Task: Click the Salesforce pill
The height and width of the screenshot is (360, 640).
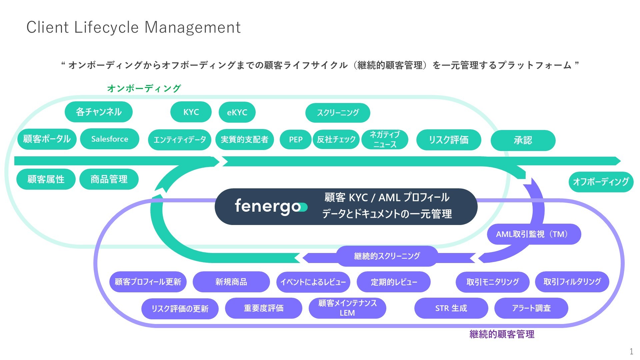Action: (x=110, y=139)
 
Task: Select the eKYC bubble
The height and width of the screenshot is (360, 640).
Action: (x=237, y=112)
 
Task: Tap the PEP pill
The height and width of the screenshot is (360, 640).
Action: (x=296, y=139)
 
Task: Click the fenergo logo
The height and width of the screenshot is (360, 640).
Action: (x=271, y=206)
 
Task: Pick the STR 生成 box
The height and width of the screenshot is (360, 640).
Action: (x=451, y=308)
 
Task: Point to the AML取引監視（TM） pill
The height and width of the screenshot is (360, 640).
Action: (x=534, y=234)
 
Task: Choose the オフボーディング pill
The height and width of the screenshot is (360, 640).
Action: (x=601, y=182)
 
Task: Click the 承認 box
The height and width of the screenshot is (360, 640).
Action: (x=523, y=140)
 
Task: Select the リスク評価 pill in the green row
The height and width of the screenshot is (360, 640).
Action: (x=449, y=140)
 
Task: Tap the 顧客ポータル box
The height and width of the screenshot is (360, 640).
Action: (x=47, y=139)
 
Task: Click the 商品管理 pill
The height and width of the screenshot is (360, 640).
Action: (x=109, y=179)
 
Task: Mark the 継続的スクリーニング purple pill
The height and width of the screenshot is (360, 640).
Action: (x=387, y=256)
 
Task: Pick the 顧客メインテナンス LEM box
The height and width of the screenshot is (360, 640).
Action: (x=347, y=308)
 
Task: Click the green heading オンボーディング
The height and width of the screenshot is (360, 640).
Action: (x=144, y=88)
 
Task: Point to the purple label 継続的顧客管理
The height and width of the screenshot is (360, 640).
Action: (x=502, y=334)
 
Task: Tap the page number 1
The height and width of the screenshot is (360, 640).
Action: (x=631, y=351)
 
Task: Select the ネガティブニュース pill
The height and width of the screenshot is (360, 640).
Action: (x=385, y=139)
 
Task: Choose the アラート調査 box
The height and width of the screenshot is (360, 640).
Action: (x=531, y=308)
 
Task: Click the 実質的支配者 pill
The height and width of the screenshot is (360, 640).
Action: (x=244, y=139)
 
